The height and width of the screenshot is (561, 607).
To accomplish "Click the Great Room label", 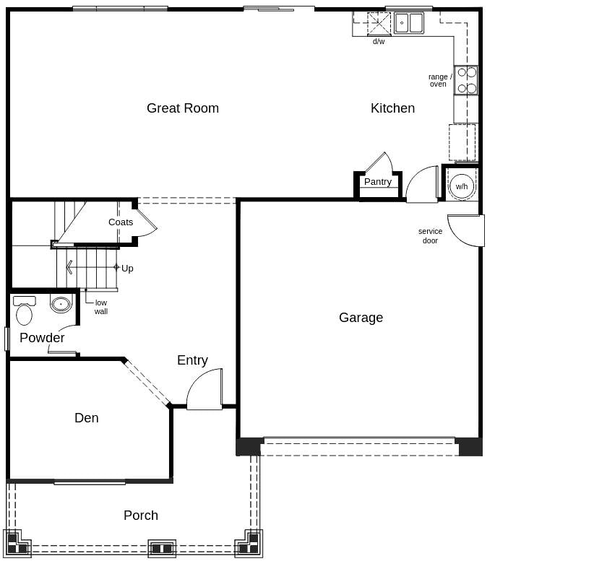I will (x=182, y=108).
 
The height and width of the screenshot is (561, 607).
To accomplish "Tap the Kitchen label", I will (x=392, y=108).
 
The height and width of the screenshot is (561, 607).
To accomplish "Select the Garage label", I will (x=361, y=318).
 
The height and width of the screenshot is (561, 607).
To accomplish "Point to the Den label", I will (x=86, y=418).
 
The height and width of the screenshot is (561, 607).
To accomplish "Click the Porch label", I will (x=140, y=516).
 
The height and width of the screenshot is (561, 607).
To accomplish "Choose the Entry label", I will (x=192, y=360).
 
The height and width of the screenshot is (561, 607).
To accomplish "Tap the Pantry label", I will (x=377, y=182).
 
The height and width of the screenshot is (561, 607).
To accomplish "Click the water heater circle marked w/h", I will (x=461, y=186).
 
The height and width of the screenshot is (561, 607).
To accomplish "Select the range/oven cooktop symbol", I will (x=466, y=80).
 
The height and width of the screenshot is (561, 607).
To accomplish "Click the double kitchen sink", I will (x=409, y=23).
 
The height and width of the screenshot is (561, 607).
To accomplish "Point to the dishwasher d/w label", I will (x=378, y=42).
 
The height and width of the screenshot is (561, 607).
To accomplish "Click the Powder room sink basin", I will (x=61, y=304).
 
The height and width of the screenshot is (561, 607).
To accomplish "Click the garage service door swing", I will (x=466, y=230).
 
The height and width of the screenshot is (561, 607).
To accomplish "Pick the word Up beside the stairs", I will (x=127, y=269).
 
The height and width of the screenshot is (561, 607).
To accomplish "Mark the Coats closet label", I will (x=121, y=222).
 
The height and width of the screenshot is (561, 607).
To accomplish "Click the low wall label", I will (x=100, y=308).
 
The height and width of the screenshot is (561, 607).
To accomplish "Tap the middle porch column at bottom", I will (x=162, y=548).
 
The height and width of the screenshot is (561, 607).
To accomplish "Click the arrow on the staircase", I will (x=69, y=267).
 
